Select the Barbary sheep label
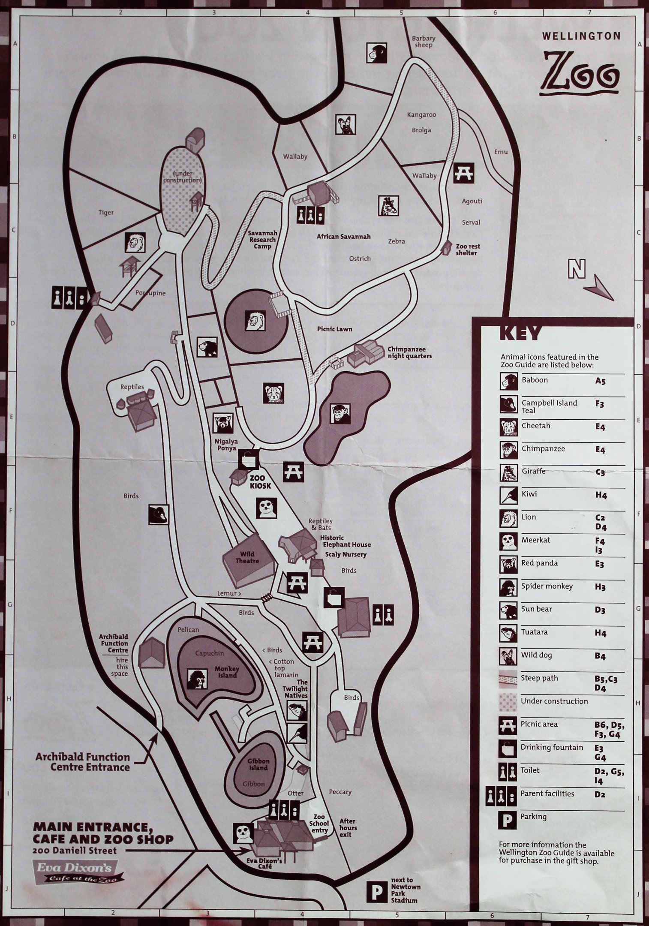pos(424,42)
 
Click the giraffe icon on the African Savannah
pos(388,206)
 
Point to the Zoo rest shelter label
pos(468,250)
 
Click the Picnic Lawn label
pos(335,329)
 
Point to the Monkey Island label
pos(227,672)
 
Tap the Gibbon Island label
pos(258,764)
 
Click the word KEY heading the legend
pos(520,333)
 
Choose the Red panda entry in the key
pos(539,563)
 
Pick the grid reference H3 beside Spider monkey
pos(600,587)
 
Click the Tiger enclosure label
pos(106,212)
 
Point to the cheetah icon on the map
pos(273,393)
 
